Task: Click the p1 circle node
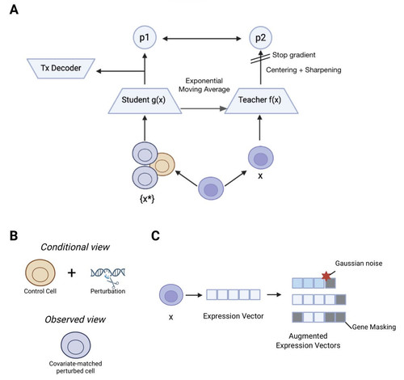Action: (145, 37)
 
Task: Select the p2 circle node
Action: (260, 38)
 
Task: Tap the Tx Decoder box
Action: (61, 69)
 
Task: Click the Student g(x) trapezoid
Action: (145, 101)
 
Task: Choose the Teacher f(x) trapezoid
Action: (261, 101)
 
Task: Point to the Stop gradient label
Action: (293, 55)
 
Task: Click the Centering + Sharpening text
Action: (304, 70)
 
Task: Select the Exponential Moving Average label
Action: (204, 85)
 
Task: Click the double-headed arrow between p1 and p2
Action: (202, 39)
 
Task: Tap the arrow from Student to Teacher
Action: (204, 108)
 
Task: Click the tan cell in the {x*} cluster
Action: (163, 164)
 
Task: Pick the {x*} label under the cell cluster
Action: (147, 199)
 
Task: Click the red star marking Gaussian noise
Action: (326, 277)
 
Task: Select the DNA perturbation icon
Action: (107, 277)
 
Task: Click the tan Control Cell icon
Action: (40, 272)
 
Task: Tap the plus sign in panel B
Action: (72, 273)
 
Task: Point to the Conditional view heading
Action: (75, 247)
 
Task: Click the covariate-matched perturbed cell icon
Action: (76, 345)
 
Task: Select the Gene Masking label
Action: (374, 327)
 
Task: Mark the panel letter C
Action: (155, 236)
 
